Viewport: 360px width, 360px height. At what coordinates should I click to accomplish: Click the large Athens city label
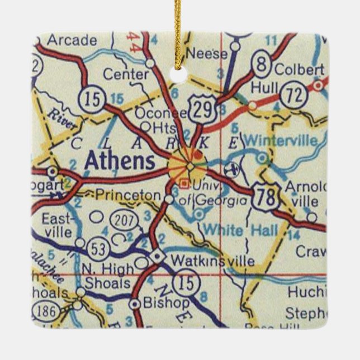[119, 162]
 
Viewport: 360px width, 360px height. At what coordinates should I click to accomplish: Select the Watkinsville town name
[212, 260]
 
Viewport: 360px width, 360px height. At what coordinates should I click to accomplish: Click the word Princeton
[127, 195]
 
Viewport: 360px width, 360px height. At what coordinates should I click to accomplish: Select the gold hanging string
[181, 28]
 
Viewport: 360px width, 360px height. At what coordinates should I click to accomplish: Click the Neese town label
[207, 54]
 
